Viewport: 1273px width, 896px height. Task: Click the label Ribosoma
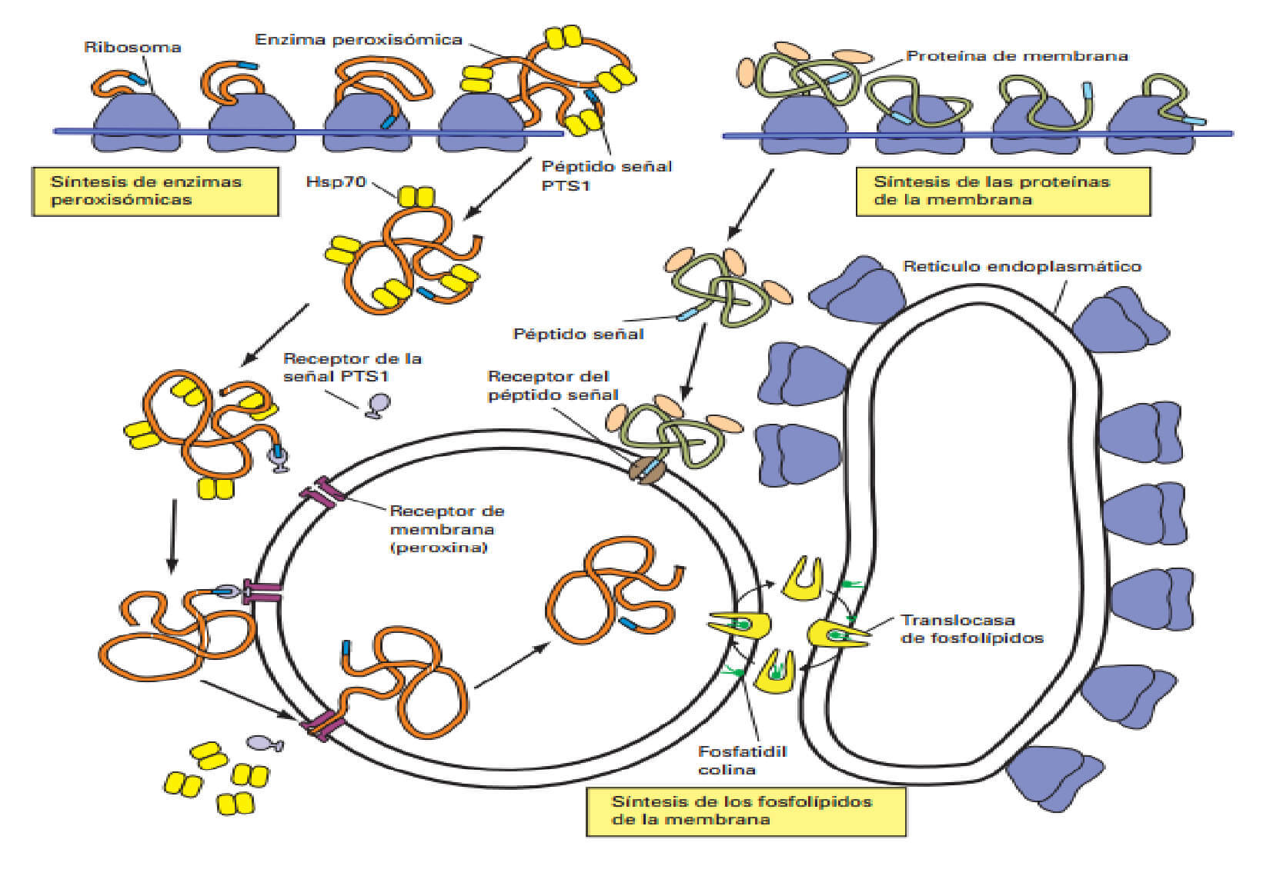point(132,47)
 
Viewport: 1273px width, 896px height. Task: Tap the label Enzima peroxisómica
point(358,39)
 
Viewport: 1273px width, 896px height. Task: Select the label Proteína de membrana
point(1016,55)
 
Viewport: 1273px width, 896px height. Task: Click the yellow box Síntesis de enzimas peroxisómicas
point(155,191)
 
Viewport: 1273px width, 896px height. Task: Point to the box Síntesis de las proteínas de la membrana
point(1002,191)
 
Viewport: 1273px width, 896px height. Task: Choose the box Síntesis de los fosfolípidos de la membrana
point(745,810)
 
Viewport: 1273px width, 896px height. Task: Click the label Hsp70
point(336,182)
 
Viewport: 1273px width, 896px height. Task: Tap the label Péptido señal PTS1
point(606,175)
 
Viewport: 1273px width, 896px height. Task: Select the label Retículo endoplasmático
point(1021,266)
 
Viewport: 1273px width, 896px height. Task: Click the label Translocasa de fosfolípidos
point(971,628)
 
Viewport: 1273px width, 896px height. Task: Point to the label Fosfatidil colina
point(741,760)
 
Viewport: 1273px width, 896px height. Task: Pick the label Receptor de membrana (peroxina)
point(446,528)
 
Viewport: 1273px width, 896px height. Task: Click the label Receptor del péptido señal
point(552,385)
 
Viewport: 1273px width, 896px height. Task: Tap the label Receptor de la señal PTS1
point(352,367)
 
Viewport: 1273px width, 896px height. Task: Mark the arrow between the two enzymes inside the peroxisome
point(512,665)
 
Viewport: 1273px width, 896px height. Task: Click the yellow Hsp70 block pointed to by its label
point(416,197)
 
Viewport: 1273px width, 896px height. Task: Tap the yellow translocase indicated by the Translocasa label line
point(836,634)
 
